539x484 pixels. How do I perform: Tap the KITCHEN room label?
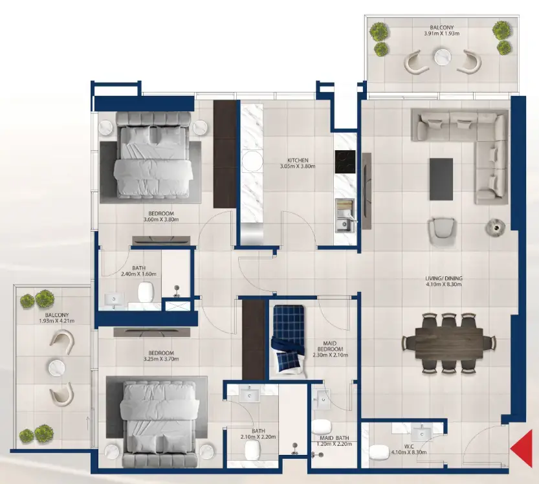[x=298, y=160]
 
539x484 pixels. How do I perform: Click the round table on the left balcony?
[x=54, y=368]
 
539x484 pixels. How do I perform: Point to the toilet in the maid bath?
[x=322, y=429]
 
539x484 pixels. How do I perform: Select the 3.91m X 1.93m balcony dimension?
[x=441, y=33]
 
